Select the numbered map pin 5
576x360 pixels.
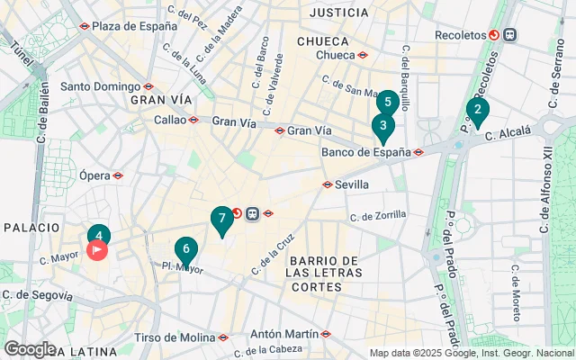click(x=388, y=102)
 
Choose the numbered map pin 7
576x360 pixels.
click(x=221, y=219)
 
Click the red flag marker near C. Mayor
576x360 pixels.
click(x=97, y=249)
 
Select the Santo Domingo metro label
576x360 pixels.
click(x=101, y=87)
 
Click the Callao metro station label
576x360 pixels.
click(x=171, y=119)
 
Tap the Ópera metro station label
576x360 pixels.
click(x=94, y=175)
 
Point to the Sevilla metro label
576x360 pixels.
click(x=352, y=184)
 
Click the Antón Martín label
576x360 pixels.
click(x=283, y=333)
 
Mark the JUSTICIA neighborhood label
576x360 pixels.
click(x=338, y=13)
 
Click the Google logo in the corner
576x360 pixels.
click(x=30, y=349)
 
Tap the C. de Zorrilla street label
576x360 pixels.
click(x=377, y=216)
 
